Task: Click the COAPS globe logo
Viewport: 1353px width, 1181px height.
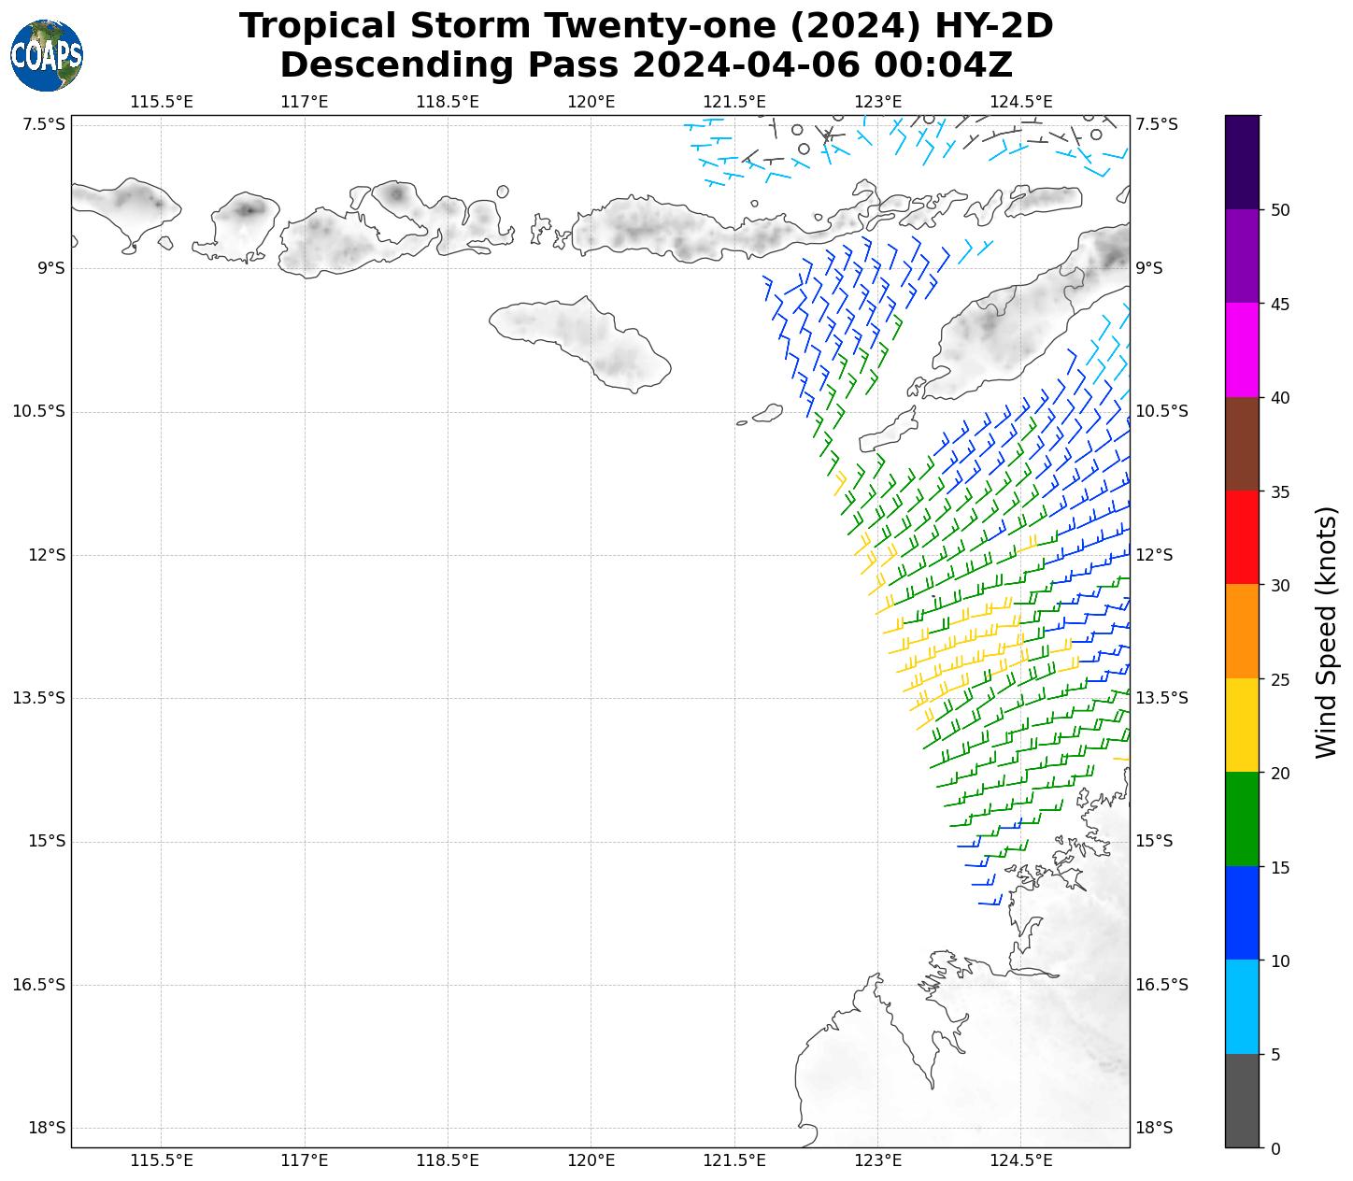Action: [x=47, y=56]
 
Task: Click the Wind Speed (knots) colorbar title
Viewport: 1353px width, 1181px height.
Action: [x=1326, y=633]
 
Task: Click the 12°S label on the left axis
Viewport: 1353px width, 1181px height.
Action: [x=47, y=555]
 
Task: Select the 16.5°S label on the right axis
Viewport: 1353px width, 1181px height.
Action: [x=1161, y=985]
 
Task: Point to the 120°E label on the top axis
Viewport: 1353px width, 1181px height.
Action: [x=591, y=102]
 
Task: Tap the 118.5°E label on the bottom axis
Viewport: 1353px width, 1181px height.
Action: [x=448, y=1161]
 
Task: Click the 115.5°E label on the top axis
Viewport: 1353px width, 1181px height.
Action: [x=162, y=102]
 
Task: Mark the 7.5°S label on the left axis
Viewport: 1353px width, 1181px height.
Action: [x=45, y=124]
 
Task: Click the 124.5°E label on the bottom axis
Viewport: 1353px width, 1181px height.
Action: [x=1020, y=1161]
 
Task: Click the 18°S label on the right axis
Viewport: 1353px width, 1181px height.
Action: [x=1155, y=1128]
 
